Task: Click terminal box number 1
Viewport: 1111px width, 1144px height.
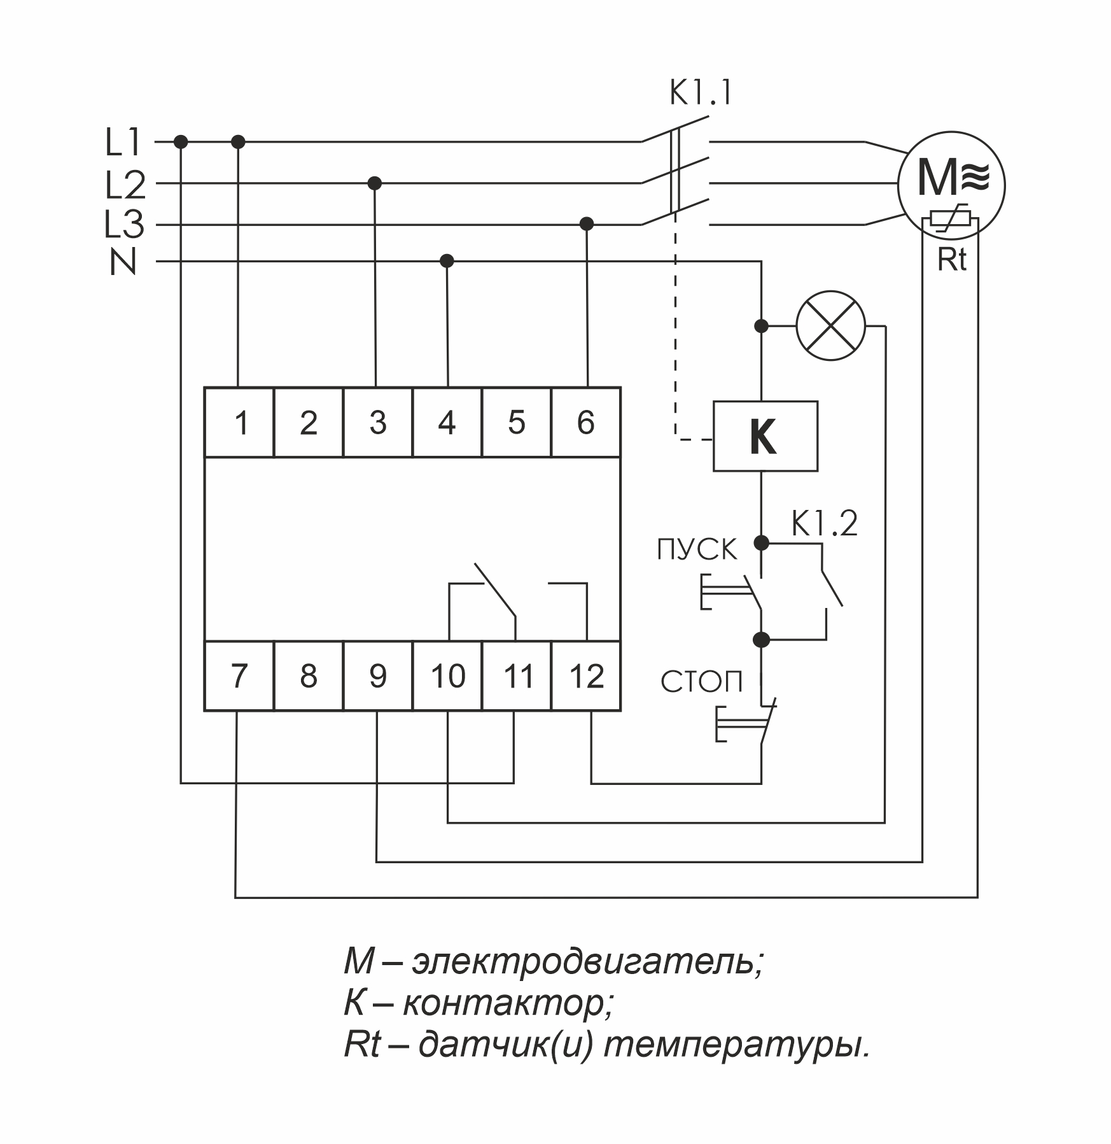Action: (239, 422)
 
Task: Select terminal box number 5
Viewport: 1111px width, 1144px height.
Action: (516, 422)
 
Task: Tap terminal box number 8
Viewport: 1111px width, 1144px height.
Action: (309, 675)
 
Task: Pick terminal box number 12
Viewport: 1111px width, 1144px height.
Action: (586, 675)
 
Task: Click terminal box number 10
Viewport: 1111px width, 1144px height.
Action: (447, 675)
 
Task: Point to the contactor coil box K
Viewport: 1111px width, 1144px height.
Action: (765, 436)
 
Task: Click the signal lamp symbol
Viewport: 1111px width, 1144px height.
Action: (831, 326)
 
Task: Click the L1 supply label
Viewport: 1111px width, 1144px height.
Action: (123, 143)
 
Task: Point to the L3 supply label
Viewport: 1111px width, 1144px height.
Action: (123, 225)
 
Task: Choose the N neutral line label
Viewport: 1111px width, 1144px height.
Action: (123, 262)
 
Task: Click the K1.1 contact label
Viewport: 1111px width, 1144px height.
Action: (701, 94)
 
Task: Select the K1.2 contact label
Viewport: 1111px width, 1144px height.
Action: (825, 524)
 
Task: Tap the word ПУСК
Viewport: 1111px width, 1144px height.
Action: (697, 550)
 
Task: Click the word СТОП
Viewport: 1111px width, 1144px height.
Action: (701, 682)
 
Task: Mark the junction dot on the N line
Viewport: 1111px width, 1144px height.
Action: (447, 261)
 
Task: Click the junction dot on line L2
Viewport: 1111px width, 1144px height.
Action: (375, 183)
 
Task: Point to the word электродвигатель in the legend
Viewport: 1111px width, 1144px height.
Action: (586, 961)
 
